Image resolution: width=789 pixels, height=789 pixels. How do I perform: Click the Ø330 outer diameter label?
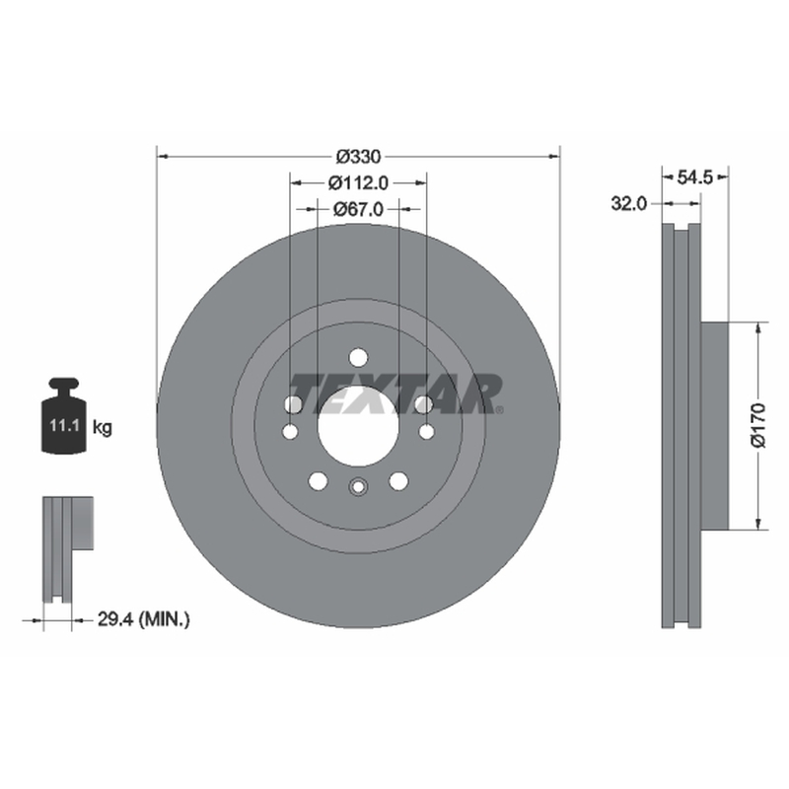point(359,157)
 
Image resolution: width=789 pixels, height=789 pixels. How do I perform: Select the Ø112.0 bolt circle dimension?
point(359,183)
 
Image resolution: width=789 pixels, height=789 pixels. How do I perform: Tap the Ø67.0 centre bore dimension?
point(359,209)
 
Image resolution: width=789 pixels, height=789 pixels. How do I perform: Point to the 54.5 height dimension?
point(695,178)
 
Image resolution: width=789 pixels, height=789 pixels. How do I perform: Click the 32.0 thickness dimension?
point(628,204)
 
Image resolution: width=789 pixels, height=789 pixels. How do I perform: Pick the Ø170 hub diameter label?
point(757,425)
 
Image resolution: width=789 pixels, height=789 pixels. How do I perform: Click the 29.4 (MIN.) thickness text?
point(144,619)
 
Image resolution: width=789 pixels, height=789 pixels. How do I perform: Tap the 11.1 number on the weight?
point(64,426)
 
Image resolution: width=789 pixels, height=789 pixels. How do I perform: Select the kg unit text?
point(103,428)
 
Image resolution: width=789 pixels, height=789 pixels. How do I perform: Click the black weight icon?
point(64,415)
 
